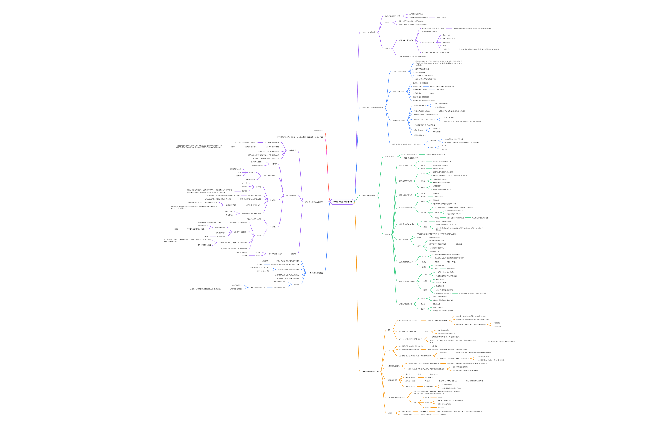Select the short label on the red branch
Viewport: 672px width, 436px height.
(x=318, y=130)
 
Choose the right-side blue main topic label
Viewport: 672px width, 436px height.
(x=373, y=108)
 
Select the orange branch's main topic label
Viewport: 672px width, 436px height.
(x=371, y=371)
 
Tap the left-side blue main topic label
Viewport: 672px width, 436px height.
(x=316, y=272)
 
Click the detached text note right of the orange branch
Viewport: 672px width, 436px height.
(x=500, y=342)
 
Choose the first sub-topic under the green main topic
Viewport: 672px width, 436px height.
(x=389, y=156)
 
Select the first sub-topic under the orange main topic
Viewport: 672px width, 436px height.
(x=389, y=330)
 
